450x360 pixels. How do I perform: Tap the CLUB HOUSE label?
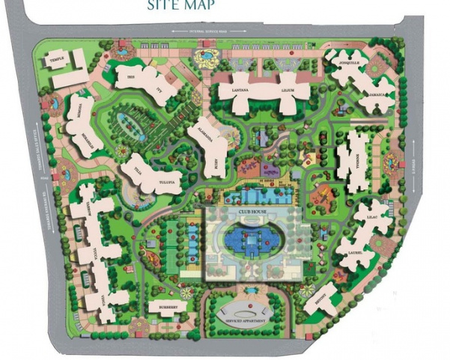[x=253, y=211]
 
